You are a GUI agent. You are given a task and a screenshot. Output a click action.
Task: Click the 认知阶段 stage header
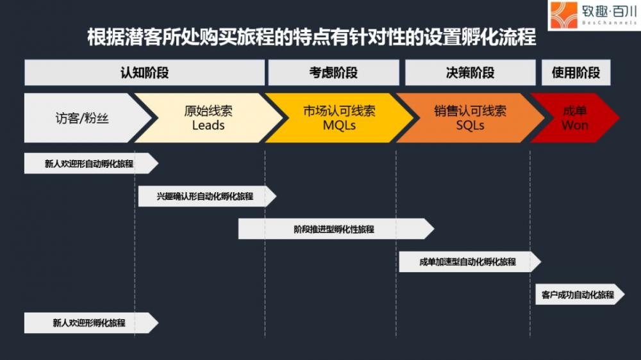click(x=144, y=72)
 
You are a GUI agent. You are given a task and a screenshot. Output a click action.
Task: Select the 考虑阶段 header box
click(x=333, y=72)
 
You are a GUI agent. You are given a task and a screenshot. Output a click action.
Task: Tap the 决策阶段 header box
click(x=470, y=72)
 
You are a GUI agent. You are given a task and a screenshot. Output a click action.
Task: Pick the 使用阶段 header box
click(x=576, y=72)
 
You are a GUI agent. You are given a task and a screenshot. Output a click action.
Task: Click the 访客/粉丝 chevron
click(x=86, y=118)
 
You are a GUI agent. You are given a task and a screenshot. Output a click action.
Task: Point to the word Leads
click(x=208, y=125)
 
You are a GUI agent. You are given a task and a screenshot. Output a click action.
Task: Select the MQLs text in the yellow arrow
click(x=339, y=125)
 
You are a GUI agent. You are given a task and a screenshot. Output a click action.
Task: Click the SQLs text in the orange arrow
click(x=470, y=125)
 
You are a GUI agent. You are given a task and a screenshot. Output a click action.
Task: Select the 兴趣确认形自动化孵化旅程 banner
click(x=207, y=196)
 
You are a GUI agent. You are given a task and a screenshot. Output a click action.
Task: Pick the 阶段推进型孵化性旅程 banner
click(x=336, y=229)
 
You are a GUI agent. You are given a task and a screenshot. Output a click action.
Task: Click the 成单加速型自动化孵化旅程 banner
click(x=470, y=261)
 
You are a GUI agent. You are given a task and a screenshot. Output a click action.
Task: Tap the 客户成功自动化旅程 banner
click(x=580, y=294)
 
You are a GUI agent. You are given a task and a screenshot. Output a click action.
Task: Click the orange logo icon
click(x=563, y=15)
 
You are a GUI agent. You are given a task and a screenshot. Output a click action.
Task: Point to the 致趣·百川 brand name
click(x=610, y=11)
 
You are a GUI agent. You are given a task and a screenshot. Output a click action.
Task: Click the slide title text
click(x=312, y=37)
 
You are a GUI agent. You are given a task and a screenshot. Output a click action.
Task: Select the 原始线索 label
click(x=208, y=111)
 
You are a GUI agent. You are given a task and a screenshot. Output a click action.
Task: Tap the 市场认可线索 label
click(x=339, y=111)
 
